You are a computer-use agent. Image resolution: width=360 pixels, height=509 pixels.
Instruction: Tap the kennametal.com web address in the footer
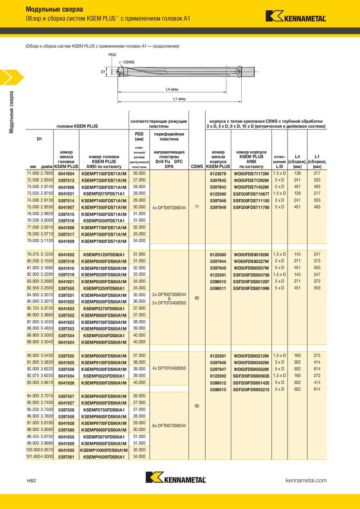[306, 481]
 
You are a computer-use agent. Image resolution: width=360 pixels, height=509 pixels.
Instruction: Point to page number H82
[31, 481]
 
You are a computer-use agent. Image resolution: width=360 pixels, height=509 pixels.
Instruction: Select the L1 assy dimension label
[179, 98]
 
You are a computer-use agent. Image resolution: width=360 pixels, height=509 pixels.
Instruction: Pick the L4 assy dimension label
[172, 89]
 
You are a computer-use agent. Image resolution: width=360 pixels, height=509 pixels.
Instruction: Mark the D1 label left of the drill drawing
[103, 71]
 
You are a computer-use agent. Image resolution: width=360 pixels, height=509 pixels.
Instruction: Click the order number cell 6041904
[66, 173]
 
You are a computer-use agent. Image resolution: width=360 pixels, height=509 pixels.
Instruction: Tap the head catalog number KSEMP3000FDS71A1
[104, 221]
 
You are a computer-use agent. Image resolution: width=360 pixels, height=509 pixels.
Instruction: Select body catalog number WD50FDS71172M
[251, 173]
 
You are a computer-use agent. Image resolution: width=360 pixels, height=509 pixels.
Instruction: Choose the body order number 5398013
[218, 389]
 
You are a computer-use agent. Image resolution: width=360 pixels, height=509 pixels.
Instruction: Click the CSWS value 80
[197, 298]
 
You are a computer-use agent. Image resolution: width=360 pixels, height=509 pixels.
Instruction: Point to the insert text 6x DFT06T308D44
[169, 425]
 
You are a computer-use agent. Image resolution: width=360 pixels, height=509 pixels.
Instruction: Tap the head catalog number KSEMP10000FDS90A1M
[104, 450]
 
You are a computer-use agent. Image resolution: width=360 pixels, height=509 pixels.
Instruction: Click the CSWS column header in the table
[197, 166]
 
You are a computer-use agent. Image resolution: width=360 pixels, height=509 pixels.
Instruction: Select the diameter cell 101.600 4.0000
[40, 457]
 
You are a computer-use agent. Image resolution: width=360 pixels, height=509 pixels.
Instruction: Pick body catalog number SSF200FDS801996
[251, 288]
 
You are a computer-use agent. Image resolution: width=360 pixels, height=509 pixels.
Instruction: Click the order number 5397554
[66, 335]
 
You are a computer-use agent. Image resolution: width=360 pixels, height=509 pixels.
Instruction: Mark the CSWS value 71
[197, 207]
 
